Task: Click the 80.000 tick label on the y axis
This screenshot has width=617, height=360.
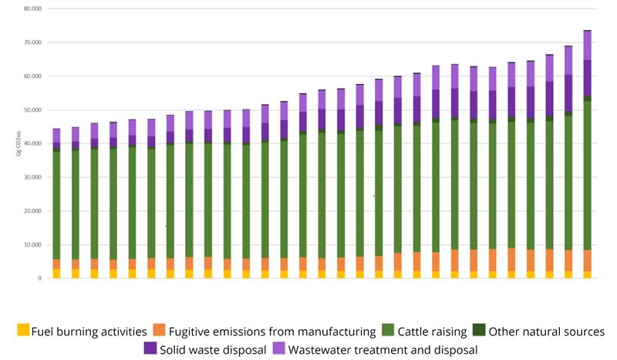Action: (x=32, y=9)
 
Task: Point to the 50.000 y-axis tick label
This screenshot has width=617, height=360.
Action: (x=32, y=110)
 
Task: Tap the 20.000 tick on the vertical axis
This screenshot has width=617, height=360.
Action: (x=32, y=211)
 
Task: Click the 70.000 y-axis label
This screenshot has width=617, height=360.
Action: (x=32, y=43)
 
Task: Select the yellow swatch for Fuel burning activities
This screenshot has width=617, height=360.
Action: (x=24, y=331)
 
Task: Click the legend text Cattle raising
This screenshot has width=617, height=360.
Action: (x=433, y=331)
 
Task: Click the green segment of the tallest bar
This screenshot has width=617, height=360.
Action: (x=587, y=177)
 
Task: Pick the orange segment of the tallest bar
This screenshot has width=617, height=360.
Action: (x=587, y=261)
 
